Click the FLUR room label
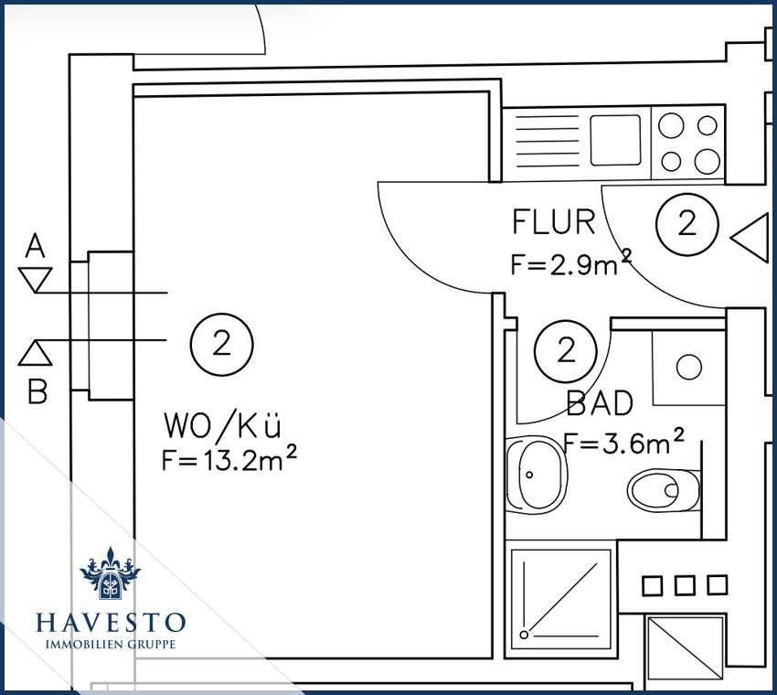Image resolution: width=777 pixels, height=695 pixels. point(554,222)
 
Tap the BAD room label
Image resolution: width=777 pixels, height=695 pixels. point(600,403)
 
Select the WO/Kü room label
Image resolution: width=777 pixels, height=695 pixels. point(222,425)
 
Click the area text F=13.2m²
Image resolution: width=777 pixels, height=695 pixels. point(229,458)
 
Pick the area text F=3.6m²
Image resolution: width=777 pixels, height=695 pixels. point(624,441)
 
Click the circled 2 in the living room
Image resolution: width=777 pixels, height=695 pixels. point(222,344)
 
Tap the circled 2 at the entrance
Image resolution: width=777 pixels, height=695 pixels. point(687,224)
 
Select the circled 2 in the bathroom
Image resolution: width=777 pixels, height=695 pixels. point(566,351)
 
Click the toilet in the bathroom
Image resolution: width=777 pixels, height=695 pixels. point(664,490)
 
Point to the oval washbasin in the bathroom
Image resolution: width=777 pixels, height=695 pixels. point(537,475)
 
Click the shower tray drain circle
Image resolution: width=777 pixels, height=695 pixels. point(525,635)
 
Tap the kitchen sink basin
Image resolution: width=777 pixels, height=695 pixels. point(615,140)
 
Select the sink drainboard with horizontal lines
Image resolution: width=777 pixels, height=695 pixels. point(547,141)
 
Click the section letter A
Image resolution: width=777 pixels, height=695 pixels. point(35,246)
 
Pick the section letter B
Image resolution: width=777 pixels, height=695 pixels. point(37,391)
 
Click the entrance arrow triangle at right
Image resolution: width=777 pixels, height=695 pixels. point(750,238)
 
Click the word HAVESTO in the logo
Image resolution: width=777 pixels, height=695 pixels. point(111,623)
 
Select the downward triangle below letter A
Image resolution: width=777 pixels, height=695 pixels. point(35,280)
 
